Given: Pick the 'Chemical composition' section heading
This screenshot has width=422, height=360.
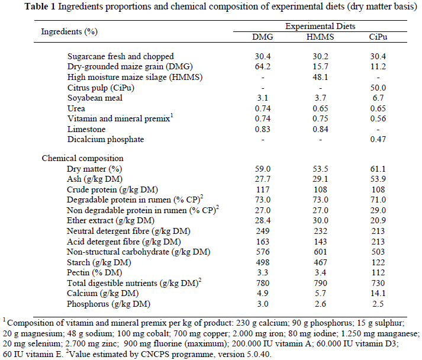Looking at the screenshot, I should coord(82,158).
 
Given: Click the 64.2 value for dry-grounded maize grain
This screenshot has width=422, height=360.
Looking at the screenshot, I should coord(263,67).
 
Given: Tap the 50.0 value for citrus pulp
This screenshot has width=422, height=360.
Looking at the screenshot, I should coord(378,88).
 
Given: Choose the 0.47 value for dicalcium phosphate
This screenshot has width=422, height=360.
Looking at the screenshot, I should coord(378,139).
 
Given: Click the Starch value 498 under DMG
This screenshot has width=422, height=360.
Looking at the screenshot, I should coord(263,262).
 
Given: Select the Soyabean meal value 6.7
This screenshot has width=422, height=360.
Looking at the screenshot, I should coord(378,98).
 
